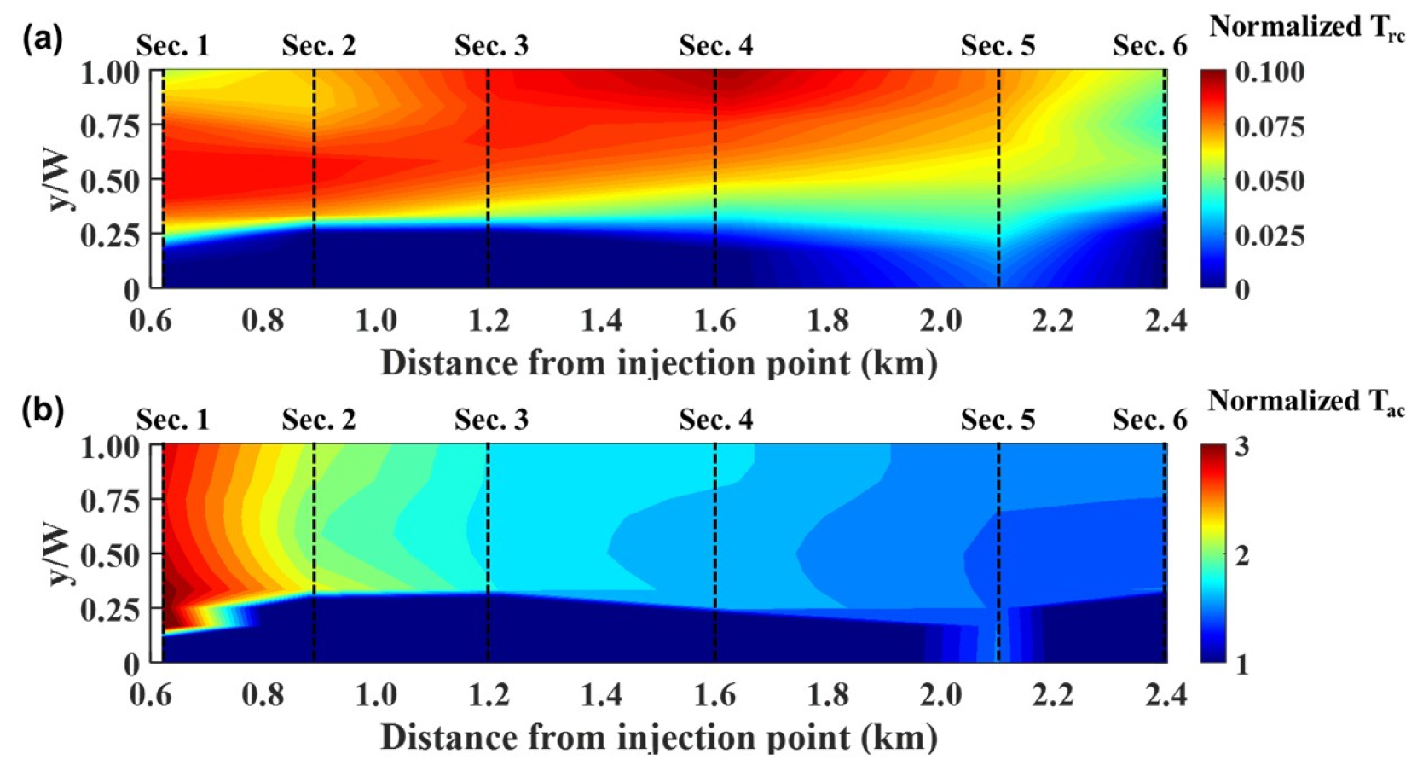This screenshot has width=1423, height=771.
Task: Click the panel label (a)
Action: click(43, 39)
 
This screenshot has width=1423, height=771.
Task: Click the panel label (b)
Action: click(43, 411)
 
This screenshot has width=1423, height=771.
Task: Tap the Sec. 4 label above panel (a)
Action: click(715, 45)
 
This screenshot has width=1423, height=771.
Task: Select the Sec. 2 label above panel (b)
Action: click(318, 420)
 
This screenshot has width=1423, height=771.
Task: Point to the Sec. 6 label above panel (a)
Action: click(1149, 45)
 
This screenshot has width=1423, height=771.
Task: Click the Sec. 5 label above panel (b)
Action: click(998, 420)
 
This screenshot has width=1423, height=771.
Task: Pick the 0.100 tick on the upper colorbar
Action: click(1270, 72)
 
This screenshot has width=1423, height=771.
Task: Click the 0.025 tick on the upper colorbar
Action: click(1270, 235)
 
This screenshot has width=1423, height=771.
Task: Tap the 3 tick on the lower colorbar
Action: click(1242, 446)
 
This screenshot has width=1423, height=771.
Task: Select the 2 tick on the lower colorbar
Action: click(1242, 555)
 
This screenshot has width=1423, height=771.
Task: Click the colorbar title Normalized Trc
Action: click(1306, 27)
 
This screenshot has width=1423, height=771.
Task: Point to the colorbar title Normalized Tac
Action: click(1306, 401)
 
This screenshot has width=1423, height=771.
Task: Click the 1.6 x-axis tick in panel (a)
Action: click(714, 321)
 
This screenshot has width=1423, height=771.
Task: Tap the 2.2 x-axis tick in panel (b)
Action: click(1053, 695)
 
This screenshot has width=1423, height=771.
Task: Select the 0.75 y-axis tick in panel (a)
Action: click(110, 126)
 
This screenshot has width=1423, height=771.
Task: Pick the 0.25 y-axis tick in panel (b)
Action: click(110, 609)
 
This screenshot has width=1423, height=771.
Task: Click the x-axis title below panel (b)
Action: click(658, 737)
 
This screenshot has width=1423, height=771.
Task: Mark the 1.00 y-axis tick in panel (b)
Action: click(110, 446)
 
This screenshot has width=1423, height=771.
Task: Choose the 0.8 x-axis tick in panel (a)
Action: click(263, 321)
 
